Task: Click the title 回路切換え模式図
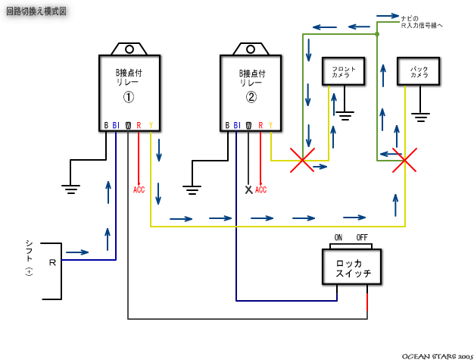coord(36,13)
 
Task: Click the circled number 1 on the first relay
coord(129,98)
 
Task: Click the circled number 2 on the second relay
coord(251,98)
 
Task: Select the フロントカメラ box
coord(345,73)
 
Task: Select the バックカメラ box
coord(419,73)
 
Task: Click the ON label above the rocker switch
coord(338,237)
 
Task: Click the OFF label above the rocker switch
coord(362,237)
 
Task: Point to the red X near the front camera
coord(303,160)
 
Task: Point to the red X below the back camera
coord(404,160)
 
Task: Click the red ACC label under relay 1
coord(139,189)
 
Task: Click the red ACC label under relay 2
coord(261,189)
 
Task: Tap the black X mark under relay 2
coord(248,189)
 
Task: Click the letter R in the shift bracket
coord(51,262)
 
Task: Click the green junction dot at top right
coord(377,34)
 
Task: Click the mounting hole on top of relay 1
coord(129,49)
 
